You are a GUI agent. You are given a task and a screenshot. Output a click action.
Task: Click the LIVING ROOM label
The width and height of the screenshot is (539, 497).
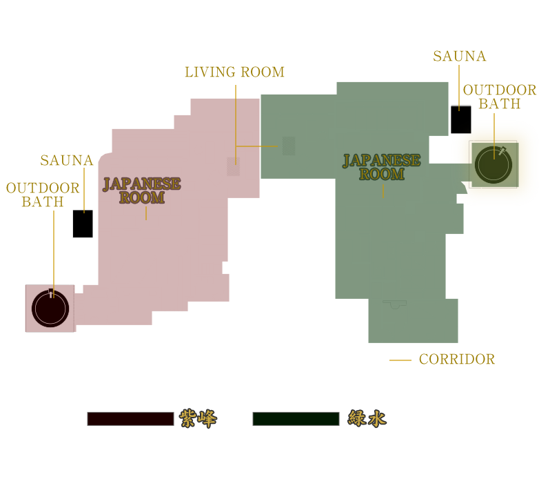tap(235, 72)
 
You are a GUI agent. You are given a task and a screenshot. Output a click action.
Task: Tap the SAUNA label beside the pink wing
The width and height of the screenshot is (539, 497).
tap(67, 160)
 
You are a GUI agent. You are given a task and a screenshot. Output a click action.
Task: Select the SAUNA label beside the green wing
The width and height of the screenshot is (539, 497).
tap(460, 56)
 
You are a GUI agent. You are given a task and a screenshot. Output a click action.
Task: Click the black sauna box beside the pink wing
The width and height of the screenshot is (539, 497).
tap(83, 224)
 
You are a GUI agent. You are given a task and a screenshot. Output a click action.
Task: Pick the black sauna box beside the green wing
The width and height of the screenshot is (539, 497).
tap(461, 119)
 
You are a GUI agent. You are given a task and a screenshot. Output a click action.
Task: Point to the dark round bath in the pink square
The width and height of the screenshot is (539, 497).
tap(50, 309)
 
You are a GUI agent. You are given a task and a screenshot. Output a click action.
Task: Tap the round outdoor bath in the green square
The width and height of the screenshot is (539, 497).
tap(494, 165)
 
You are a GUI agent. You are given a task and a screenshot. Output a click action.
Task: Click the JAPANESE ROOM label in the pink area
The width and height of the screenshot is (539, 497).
tap(141, 191)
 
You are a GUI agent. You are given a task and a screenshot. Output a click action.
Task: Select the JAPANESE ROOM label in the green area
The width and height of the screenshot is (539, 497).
tap(382, 167)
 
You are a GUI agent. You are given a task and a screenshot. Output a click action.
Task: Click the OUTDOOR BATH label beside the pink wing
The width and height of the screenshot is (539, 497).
tap(43, 195)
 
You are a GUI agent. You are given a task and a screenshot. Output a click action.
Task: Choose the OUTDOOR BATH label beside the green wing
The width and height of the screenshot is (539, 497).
tap(500, 97)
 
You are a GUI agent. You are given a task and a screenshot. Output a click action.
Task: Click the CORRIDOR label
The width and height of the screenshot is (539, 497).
tap(457, 360)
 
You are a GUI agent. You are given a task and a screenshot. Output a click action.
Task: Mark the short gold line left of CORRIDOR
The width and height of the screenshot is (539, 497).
tap(400, 360)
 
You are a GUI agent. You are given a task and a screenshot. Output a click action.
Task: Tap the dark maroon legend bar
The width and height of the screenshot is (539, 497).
tap(130, 419)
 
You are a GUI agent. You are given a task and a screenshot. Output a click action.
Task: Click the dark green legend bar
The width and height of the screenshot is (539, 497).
tap(296, 419)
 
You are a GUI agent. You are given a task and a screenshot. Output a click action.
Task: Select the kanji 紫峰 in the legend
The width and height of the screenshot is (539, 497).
tap(199, 418)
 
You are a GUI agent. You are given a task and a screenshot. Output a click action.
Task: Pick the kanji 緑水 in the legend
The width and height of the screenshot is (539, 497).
tap(367, 418)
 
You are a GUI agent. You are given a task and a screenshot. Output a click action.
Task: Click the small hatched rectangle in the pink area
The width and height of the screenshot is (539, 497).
tap(234, 166)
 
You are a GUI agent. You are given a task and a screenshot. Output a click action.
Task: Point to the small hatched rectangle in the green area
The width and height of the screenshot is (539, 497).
tap(289, 146)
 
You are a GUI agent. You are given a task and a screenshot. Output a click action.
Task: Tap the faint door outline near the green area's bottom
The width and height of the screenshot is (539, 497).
tap(395, 304)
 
